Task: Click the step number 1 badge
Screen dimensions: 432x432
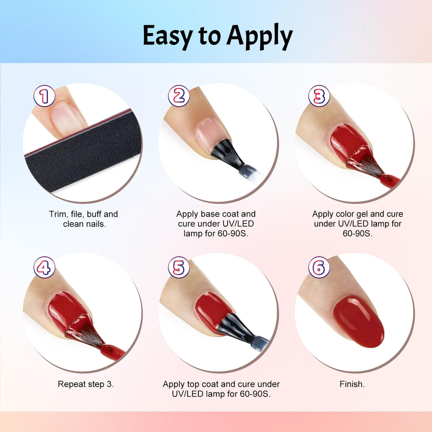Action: tap(44, 96)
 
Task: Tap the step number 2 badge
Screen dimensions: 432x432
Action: tap(179, 96)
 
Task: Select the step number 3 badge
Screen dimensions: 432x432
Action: tap(319, 96)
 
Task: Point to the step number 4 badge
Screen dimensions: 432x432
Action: tap(44, 267)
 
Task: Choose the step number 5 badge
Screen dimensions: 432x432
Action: tap(179, 267)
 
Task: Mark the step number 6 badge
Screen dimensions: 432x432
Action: tap(319, 267)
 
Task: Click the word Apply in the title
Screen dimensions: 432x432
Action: tap(259, 37)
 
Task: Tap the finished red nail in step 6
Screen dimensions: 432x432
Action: tap(359, 322)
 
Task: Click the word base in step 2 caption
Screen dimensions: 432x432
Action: tap(210, 214)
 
